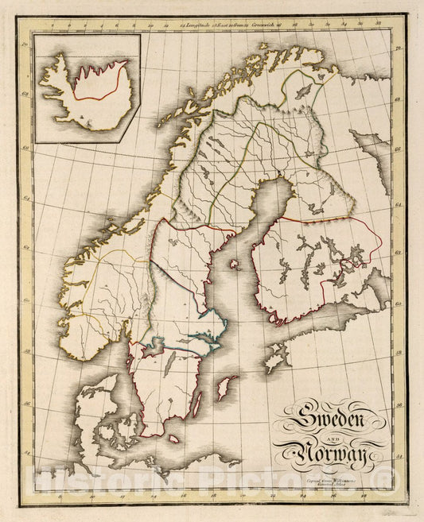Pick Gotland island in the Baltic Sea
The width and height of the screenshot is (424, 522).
coord(227,388)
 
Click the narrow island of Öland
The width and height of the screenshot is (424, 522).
coord(196,404)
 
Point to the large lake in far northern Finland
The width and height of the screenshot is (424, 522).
coord(304,92)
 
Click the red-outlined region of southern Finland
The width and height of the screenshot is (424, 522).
coord(314,266)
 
